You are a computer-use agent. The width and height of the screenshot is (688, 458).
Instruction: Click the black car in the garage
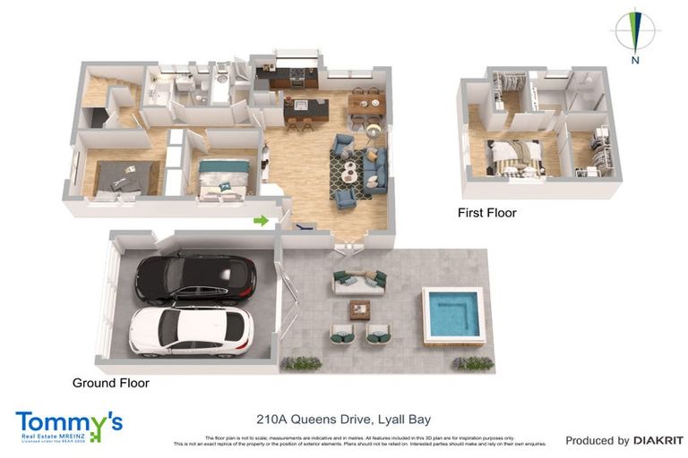(194, 278)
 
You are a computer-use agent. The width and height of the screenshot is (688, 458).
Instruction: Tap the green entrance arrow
(262, 220)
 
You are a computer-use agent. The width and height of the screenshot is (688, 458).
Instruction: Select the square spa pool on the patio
(450, 315)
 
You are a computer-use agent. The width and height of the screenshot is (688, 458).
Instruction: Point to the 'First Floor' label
(486, 213)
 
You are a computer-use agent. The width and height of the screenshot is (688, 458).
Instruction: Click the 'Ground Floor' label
(110, 383)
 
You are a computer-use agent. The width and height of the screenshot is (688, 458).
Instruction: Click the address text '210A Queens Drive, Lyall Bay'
(344, 419)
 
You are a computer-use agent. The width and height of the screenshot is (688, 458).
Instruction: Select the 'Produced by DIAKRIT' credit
(623, 440)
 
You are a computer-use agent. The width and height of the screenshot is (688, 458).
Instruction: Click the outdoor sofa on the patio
(358, 283)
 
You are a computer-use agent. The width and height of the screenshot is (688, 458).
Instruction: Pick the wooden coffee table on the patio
(360, 310)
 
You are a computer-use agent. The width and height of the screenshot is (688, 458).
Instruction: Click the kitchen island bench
(306, 111)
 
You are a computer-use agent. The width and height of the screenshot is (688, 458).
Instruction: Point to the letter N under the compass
(634, 61)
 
